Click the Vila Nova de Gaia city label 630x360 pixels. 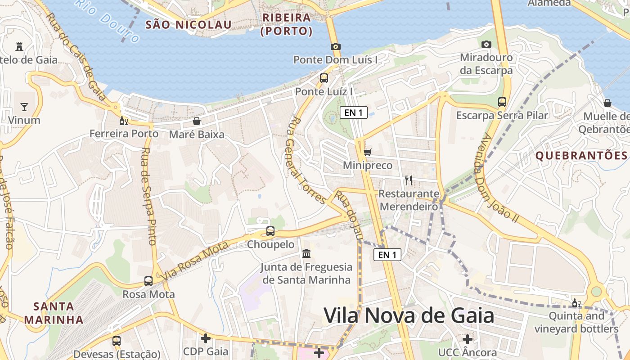[409, 315]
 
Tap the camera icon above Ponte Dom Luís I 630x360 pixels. [335, 46]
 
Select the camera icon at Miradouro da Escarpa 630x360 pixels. [486, 44]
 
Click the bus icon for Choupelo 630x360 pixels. [270, 231]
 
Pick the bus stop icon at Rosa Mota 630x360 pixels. [148, 281]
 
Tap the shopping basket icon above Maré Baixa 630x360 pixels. [197, 121]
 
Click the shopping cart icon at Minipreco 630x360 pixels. [368, 152]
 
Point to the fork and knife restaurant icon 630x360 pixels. [409, 180]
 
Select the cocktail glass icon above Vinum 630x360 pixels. [24, 107]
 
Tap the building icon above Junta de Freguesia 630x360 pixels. [306, 254]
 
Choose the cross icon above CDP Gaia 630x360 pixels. [206, 338]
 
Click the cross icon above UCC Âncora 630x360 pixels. [468, 339]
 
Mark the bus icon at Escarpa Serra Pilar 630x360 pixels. [502, 102]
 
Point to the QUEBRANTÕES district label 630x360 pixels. [581, 156]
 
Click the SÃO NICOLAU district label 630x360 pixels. [188, 24]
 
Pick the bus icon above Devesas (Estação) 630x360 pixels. [117, 341]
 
